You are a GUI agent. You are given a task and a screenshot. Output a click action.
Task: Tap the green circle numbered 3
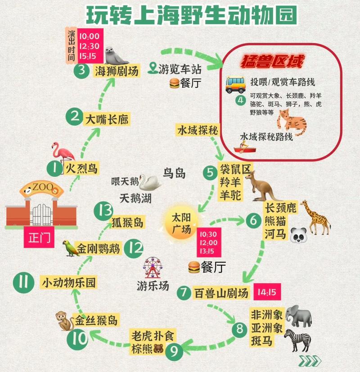pyautogui.click(x=81, y=71)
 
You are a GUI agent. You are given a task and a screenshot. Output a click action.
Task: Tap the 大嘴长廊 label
pyautogui.click(x=107, y=119)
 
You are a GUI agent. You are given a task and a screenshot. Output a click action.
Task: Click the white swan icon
pyautogui.click(x=149, y=181)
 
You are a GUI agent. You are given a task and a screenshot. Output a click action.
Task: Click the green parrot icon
pyautogui.click(x=70, y=248)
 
